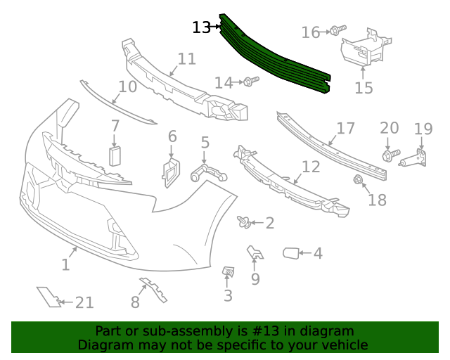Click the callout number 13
click(201, 27)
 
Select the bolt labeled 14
click(249, 83)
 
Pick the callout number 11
click(186, 58)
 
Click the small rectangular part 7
click(115, 155)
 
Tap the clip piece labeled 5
click(207, 171)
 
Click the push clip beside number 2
click(245, 223)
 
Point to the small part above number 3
click(228, 271)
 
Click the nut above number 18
click(358, 181)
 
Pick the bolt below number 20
click(390, 153)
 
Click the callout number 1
click(65, 265)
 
